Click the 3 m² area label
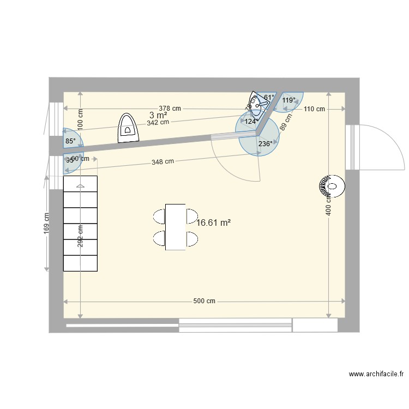click(158, 115)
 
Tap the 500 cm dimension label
click(204, 301)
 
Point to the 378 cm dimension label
click(170, 109)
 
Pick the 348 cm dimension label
click(163, 161)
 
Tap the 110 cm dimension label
click(314, 109)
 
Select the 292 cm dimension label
click(80, 236)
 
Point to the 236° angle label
click(266, 144)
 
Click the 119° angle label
click(289, 100)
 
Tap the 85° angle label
click(70, 141)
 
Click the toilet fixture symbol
click(129, 128)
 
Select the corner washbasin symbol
click(255, 100)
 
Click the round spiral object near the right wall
click(331, 187)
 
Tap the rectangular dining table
click(175, 227)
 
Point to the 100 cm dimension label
click(80, 118)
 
